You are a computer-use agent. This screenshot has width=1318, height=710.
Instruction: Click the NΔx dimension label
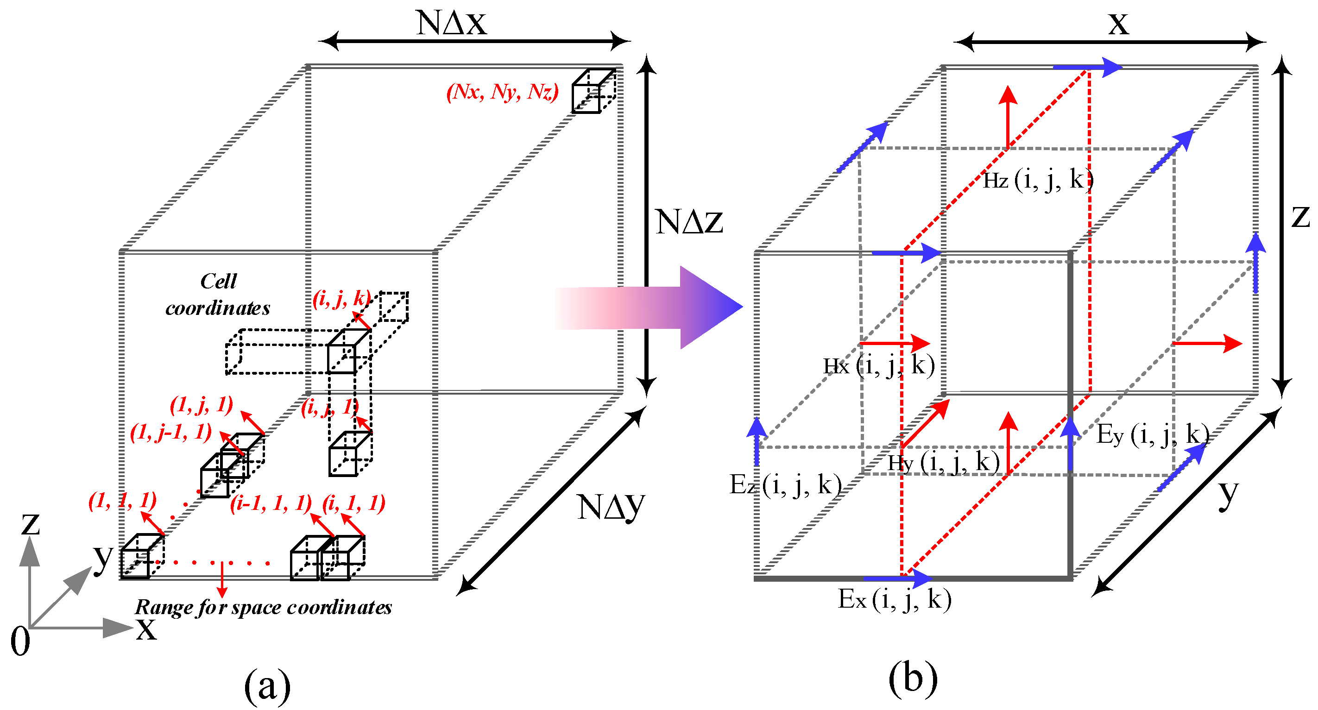[451, 23]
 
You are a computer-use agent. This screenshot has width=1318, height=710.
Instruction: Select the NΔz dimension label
[689, 222]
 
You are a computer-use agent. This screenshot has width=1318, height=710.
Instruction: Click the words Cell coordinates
[218, 295]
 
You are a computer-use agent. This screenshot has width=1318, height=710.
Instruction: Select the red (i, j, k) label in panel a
[341, 298]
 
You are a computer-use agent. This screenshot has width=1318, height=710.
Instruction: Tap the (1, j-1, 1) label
[170, 433]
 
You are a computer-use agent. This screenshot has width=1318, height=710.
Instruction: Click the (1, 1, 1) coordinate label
[122, 500]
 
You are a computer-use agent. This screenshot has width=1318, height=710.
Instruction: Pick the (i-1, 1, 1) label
[270, 503]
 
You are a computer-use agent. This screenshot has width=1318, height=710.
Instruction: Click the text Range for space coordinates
[263, 607]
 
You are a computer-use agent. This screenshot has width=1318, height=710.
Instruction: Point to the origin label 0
[20, 641]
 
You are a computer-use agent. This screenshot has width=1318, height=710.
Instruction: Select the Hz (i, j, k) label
[1038, 180]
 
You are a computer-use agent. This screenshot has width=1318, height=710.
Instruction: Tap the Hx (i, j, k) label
[878, 366]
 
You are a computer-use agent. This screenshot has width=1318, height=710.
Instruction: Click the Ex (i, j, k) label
[894, 599]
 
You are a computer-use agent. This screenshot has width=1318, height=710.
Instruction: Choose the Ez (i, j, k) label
[784, 484]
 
